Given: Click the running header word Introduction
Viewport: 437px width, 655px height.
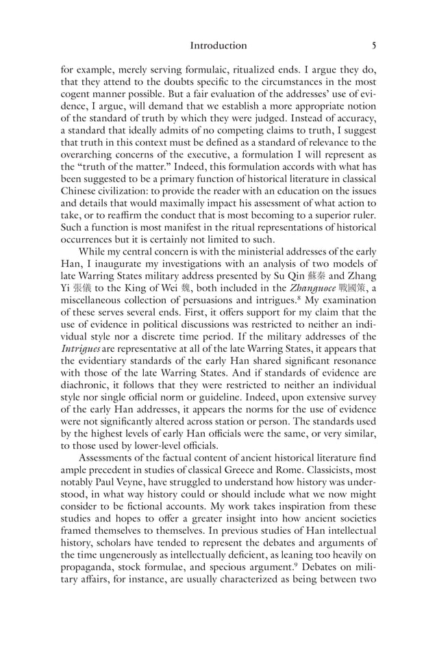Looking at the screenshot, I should pyautogui.click(x=218, y=46).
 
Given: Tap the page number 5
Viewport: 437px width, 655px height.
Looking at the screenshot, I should pyautogui.click(x=373, y=46).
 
